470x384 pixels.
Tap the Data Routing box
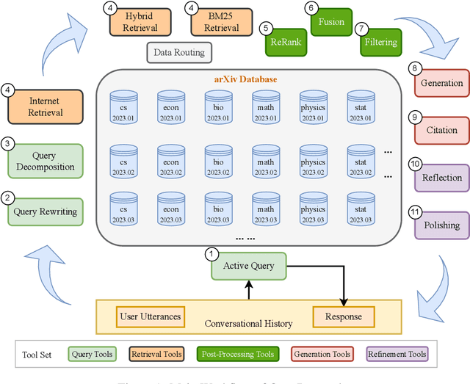point(179,53)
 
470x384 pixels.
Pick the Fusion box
point(332,22)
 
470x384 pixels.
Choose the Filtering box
point(379,43)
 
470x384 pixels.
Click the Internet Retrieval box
point(46,107)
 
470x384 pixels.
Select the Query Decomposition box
point(46,161)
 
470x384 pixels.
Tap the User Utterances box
point(150,316)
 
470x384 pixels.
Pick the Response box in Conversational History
point(343,316)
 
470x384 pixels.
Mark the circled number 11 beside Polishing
point(415,212)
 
